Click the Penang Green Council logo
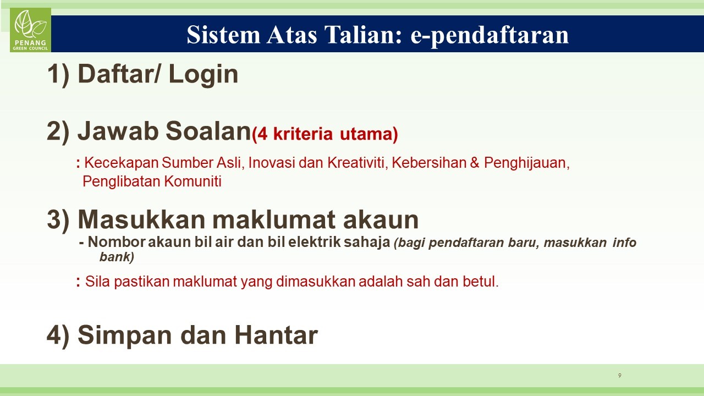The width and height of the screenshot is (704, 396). click(30, 30)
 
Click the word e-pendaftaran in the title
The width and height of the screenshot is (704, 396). click(490, 35)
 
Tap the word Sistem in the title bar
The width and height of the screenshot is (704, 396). click(223, 34)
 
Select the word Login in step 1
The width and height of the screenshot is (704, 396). click(204, 74)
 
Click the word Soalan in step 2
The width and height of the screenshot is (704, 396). click(208, 131)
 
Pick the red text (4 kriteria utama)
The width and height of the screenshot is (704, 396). click(325, 134)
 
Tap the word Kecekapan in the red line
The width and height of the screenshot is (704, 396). click(122, 163)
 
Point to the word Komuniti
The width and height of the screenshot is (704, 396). click(193, 182)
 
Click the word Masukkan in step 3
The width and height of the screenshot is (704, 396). click(141, 219)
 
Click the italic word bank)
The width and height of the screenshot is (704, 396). click(117, 257)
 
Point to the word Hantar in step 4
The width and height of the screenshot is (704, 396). click(276, 335)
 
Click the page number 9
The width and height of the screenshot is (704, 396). click(620, 375)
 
